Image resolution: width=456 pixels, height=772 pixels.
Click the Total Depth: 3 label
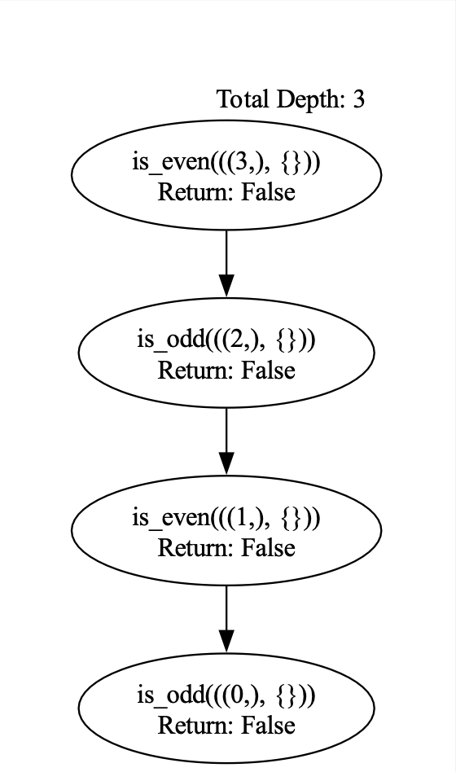tap(291, 99)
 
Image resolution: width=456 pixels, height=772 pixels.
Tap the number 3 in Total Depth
tap(358, 99)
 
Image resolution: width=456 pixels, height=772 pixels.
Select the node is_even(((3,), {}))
tap(226, 175)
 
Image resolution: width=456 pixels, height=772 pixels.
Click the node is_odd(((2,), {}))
tap(226, 353)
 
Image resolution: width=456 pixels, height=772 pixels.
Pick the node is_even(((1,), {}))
tap(226, 530)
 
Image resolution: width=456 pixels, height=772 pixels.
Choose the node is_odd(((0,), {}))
tap(226, 708)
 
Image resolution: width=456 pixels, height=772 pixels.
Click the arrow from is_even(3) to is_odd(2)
tap(226, 263)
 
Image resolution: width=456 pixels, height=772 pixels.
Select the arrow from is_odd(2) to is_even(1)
tap(226, 441)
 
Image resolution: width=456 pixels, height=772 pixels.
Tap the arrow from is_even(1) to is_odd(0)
tap(226, 619)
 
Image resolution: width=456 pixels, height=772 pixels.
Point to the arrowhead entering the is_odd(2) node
tap(226, 287)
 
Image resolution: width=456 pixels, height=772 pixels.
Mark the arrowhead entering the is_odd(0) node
tap(226, 642)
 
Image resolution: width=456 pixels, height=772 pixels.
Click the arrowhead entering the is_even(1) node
tap(226, 464)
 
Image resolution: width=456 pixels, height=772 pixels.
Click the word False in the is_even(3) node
tap(268, 192)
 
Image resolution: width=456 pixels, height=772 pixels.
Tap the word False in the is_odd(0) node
tap(268, 726)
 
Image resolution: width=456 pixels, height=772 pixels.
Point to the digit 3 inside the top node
tap(242, 162)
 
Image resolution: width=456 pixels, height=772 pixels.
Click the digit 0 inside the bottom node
tap(242, 695)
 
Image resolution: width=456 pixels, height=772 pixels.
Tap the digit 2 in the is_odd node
tap(242, 340)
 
